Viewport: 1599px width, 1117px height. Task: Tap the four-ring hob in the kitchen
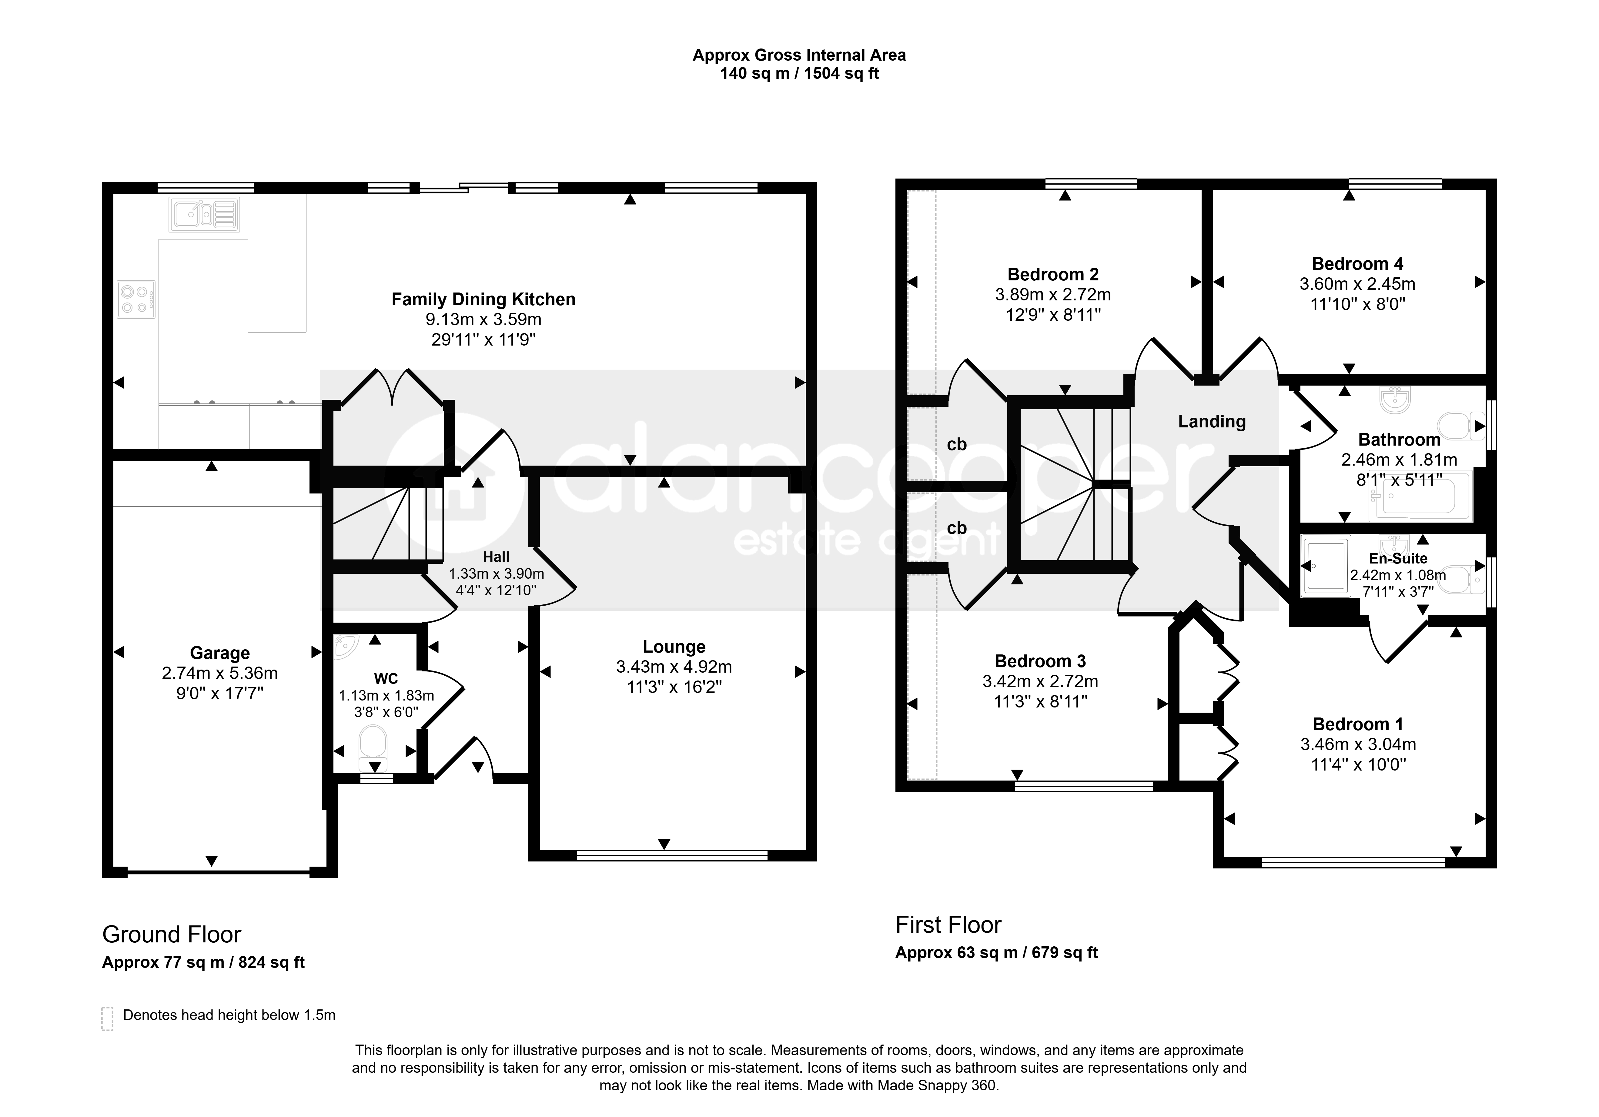point(136,299)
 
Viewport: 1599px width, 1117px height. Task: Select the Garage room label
point(220,653)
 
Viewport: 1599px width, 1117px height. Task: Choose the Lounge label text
point(674,647)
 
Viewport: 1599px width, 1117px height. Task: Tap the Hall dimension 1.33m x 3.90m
point(496,574)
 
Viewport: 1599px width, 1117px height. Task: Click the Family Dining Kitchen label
point(483,299)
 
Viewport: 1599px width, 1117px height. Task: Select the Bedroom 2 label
point(1053,274)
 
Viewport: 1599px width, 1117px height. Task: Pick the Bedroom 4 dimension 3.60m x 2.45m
point(1357,284)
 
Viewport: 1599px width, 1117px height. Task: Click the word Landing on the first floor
point(1212,421)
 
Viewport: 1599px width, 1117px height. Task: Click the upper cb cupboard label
point(957,444)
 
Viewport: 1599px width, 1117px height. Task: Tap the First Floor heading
point(948,925)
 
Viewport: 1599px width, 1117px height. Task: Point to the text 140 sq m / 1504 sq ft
point(800,74)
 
